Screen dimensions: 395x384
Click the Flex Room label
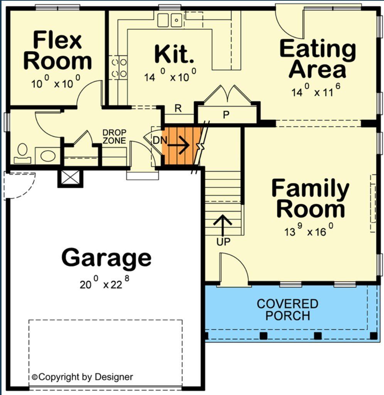click(58, 51)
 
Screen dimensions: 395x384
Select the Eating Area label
click(317, 59)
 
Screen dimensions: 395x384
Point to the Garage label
click(106, 257)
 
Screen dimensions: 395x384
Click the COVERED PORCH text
click(288, 309)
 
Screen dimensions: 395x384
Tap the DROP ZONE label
click(114, 137)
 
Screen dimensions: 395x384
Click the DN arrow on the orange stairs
click(178, 145)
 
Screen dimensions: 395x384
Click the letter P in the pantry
click(226, 114)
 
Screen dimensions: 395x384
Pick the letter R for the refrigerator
click(178, 108)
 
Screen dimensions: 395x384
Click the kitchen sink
click(170, 20)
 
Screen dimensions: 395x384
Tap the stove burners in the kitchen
click(118, 67)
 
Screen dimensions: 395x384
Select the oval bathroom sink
click(48, 156)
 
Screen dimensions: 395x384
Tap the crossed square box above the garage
click(70, 178)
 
